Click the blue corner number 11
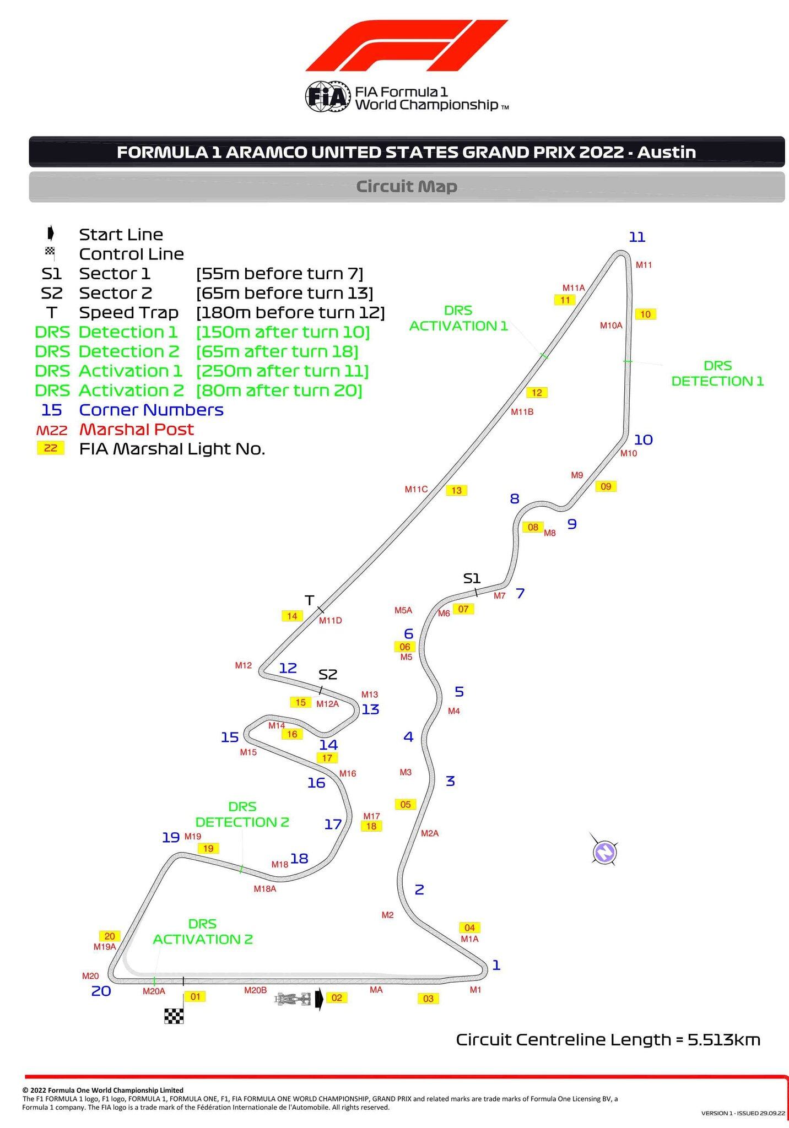click(637, 237)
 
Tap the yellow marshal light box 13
click(456, 490)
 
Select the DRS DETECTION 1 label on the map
click(717, 373)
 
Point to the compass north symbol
click(604, 852)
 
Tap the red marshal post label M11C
click(416, 489)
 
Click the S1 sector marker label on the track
click(472, 578)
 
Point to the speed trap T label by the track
click(310, 600)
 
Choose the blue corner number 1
click(496, 965)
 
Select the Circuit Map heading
click(407, 187)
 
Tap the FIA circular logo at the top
click(328, 97)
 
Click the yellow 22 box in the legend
click(50, 448)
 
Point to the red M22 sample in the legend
click(51, 430)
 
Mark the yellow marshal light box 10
click(645, 314)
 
